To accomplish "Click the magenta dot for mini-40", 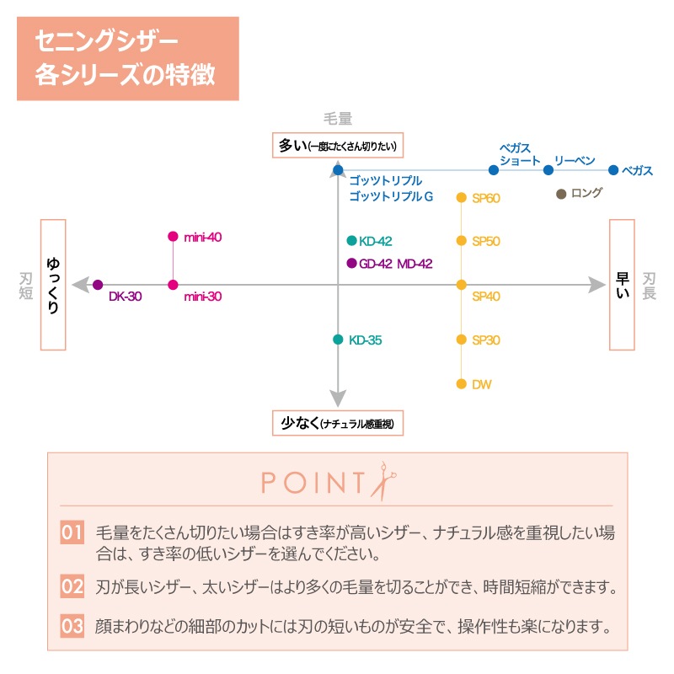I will [x=173, y=237].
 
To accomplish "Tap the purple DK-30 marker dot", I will [x=98, y=285].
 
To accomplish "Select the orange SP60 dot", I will [x=462, y=198].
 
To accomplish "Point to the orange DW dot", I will [x=462, y=384].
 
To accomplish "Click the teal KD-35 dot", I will [x=338, y=340].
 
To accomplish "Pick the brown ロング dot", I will [x=561, y=194].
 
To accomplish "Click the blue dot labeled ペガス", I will [x=613, y=170].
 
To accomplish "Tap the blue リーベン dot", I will [x=548, y=170].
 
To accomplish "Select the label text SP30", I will [x=486, y=340].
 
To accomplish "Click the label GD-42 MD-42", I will [x=395, y=264].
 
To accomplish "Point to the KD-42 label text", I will [x=375, y=241].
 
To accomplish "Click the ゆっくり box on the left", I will [x=53, y=285].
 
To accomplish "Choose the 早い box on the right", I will [x=622, y=285].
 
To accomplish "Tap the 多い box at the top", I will [x=337, y=146].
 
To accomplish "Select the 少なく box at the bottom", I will [x=337, y=423].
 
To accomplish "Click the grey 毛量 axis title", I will [x=337, y=120].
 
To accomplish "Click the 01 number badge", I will [x=72, y=532].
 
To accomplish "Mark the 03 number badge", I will [x=72, y=627].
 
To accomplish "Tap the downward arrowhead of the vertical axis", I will [x=338, y=399].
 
